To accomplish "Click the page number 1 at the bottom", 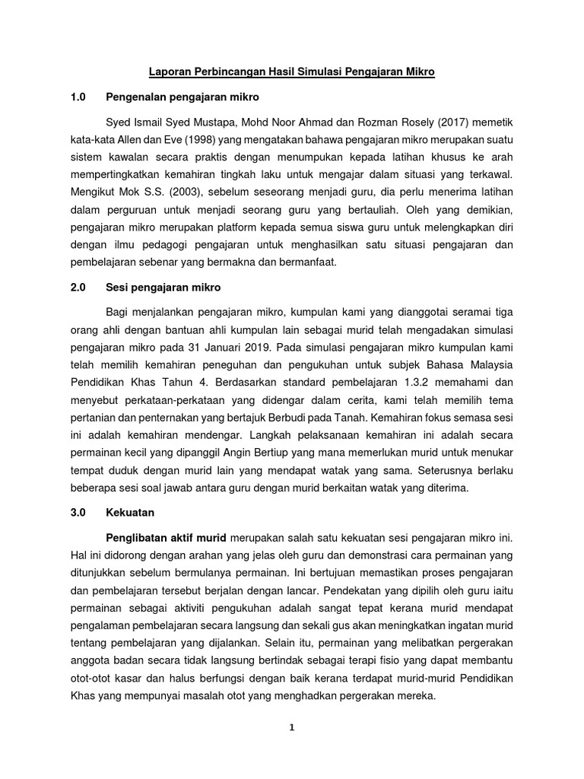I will click(292, 727).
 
